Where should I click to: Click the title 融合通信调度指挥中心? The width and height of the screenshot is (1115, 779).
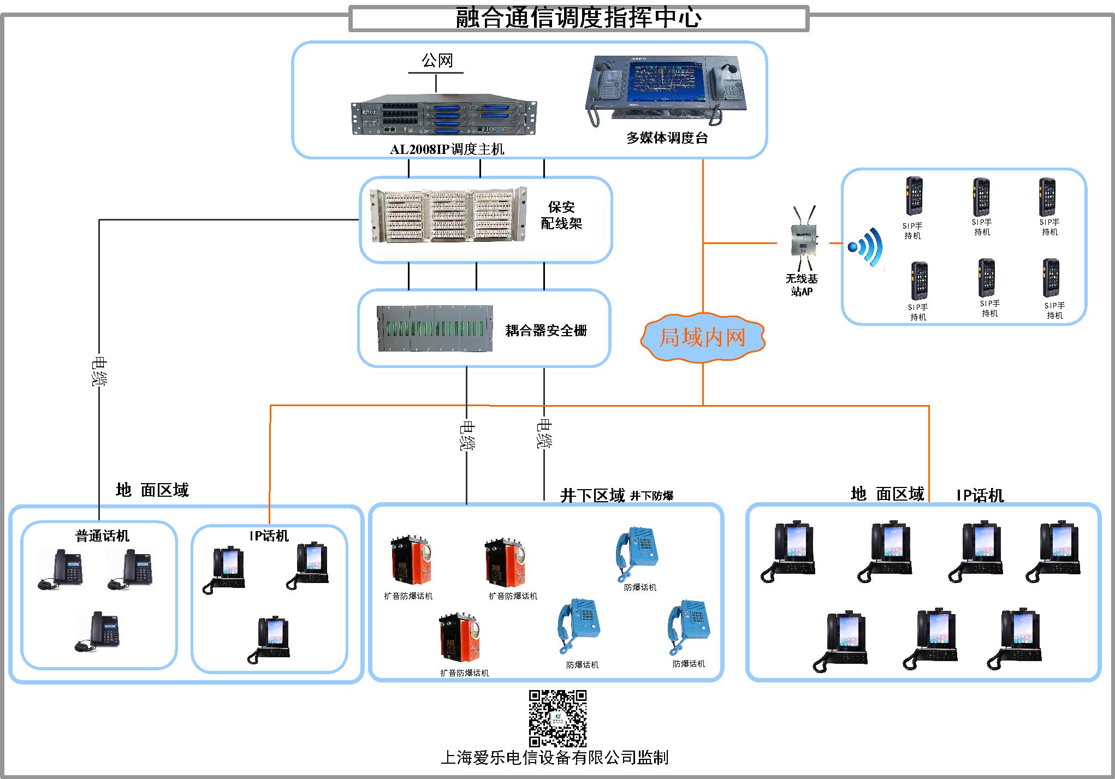point(579,18)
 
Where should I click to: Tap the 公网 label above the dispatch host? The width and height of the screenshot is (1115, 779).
point(437,61)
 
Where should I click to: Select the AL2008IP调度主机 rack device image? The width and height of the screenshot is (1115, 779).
point(443,118)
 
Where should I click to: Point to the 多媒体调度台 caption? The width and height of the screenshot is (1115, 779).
point(667,138)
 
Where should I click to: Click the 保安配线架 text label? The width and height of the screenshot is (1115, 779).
point(561,215)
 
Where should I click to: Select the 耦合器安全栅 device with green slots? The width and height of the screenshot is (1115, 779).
point(435,328)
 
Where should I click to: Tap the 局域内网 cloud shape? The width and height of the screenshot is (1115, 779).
point(702,338)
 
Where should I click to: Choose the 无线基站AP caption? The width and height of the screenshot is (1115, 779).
point(802,285)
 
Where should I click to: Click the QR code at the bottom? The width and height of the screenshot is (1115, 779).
point(557,718)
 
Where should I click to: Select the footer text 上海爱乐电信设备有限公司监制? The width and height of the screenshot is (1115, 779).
point(554,758)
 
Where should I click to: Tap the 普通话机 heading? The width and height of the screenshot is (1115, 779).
point(102,536)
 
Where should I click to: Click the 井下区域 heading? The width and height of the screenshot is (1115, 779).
point(592,496)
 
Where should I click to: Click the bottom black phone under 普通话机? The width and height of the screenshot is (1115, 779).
point(98,632)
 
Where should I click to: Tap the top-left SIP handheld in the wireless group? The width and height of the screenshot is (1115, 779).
point(913,197)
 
